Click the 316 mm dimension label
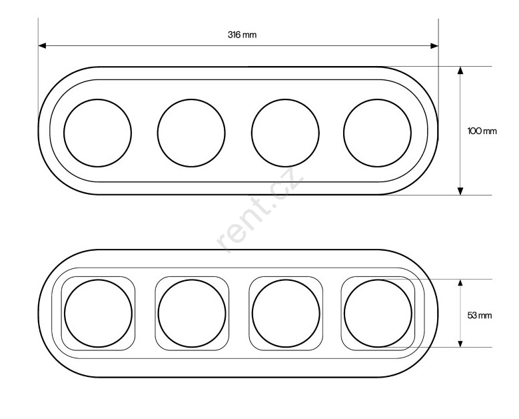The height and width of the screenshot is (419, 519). [x=242, y=35]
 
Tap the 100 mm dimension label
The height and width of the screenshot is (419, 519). [x=482, y=131]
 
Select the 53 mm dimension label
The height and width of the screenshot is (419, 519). [x=480, y=315]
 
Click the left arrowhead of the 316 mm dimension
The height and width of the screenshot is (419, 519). [x=42, y=46]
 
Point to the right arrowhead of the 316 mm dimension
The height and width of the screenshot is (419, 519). [x=434, y=46]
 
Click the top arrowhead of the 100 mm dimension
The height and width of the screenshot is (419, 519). [x=460, y=71]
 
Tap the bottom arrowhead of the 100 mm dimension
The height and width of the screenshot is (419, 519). [x=460, y=191]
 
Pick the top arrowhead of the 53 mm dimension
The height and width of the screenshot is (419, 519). [x=460, y=283]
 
